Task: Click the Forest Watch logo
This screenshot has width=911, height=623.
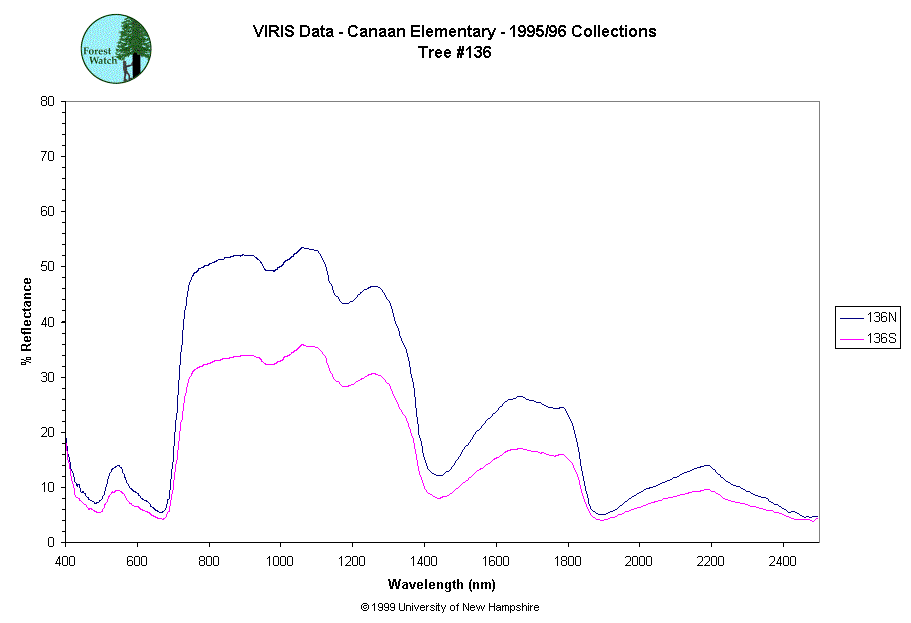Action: click(x=116, y=48)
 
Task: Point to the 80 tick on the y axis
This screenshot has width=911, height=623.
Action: click(x=47, y=101)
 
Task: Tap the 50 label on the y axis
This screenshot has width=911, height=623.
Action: click(x=47, y=266)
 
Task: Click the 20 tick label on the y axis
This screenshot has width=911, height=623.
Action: click(x=47, y=432)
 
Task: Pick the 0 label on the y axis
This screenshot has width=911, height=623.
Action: click(x=50, y=542)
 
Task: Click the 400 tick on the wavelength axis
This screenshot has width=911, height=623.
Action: click(x=66, y=558)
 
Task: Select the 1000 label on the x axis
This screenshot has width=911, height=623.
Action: click(x=280, y=558)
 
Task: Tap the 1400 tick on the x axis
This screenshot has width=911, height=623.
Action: click(x=424, y=558)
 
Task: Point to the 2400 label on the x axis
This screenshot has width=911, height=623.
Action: click(x=783, y=558)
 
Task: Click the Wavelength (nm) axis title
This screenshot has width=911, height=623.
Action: click(x=441, y=584)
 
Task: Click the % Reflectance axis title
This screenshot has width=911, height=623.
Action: click(x=27, y=321)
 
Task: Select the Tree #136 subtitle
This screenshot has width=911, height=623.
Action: click(x=455, y=53)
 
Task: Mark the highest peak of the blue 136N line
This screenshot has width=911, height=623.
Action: click(x=302, y=247)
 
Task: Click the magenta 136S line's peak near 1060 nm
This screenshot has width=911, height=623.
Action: click(x=302, y=344)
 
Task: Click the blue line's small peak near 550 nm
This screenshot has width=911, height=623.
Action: click(x=118, y=465)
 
